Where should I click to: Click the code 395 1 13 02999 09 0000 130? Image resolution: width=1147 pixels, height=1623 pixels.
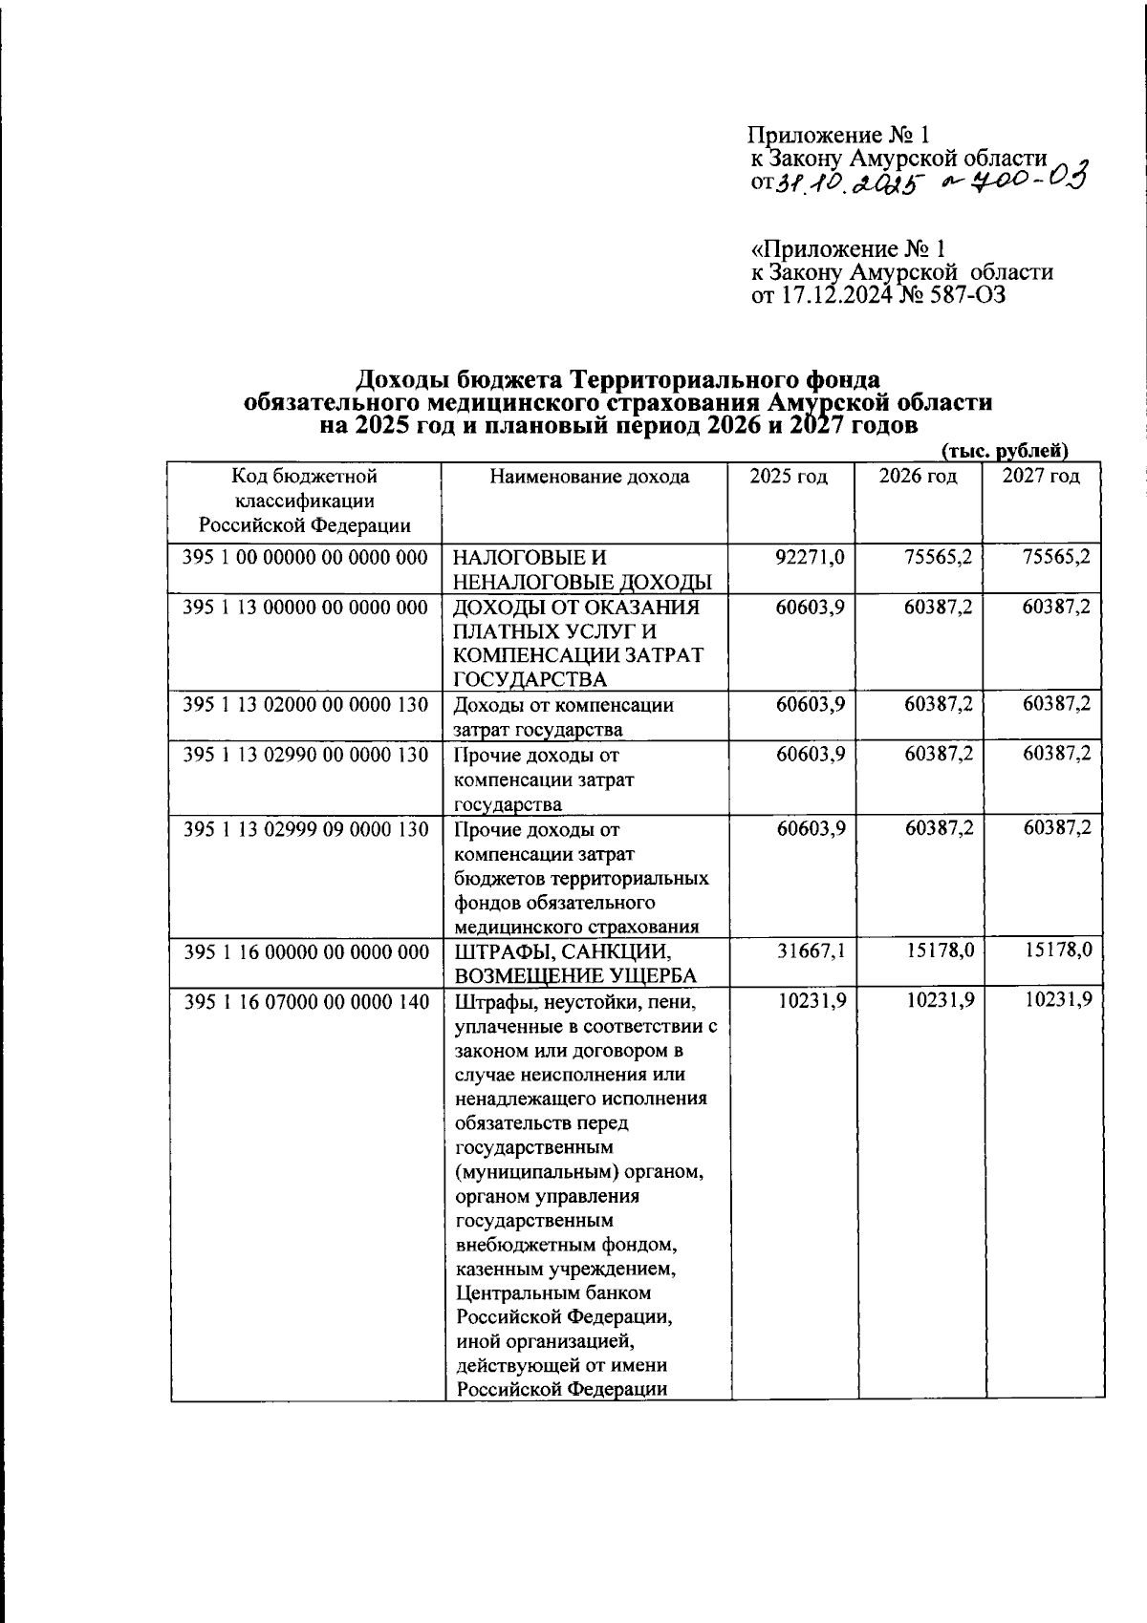coord(305,828)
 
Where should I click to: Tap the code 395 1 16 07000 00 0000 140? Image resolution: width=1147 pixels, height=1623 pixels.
coord(305,1000)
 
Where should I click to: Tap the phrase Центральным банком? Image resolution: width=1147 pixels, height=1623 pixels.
coord(553,1292)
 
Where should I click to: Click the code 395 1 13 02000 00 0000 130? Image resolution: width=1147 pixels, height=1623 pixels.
coord(305,705)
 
